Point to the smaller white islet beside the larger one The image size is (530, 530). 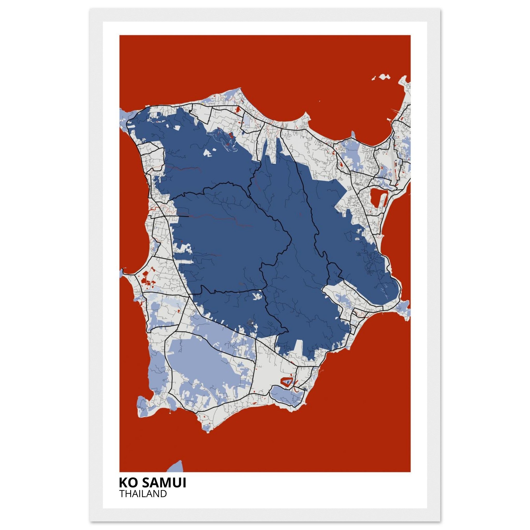[374, 79]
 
